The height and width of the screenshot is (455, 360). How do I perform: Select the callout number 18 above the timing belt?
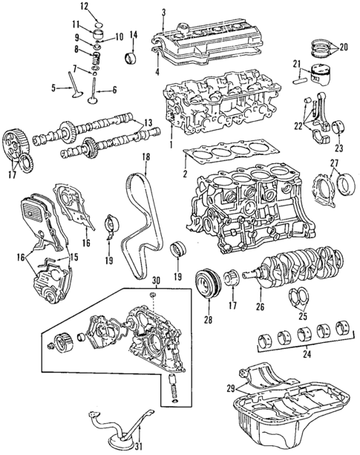pyautogui.click(x=146, y=157)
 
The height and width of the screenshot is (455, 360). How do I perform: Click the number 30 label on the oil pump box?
pyautogui.click(x=156, y=281)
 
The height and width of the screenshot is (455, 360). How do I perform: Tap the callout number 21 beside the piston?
pyautogui.click(x=296, y=63)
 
